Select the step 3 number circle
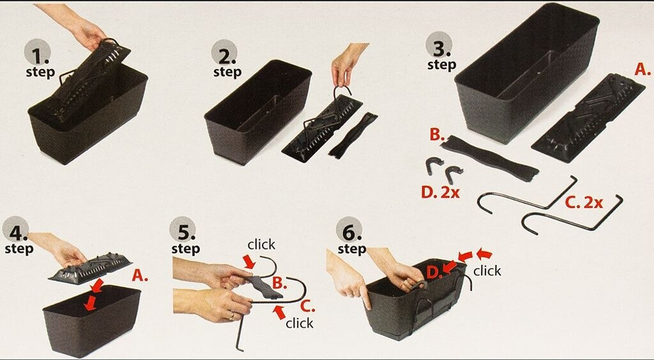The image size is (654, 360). click(438, 45)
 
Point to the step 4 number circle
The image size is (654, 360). click(15, 230)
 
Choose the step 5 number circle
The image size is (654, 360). click(183, 230)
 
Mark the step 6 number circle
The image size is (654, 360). click(349, 230)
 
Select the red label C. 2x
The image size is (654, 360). click(584, 202)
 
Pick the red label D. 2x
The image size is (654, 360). click(440, 193)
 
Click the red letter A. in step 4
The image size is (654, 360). click(140, 275)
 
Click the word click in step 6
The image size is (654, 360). click(487, 271)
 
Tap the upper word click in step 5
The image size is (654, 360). click(261, 244)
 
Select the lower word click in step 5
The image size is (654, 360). click(300, 323)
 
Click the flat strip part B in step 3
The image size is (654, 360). click(490, 158)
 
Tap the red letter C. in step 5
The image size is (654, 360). click(307, 306)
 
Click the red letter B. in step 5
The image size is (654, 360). click(280, 283)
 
